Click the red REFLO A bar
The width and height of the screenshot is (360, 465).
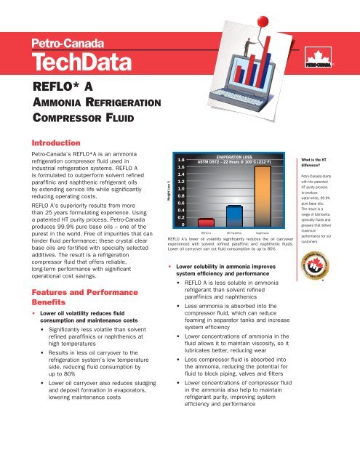[207, 222]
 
